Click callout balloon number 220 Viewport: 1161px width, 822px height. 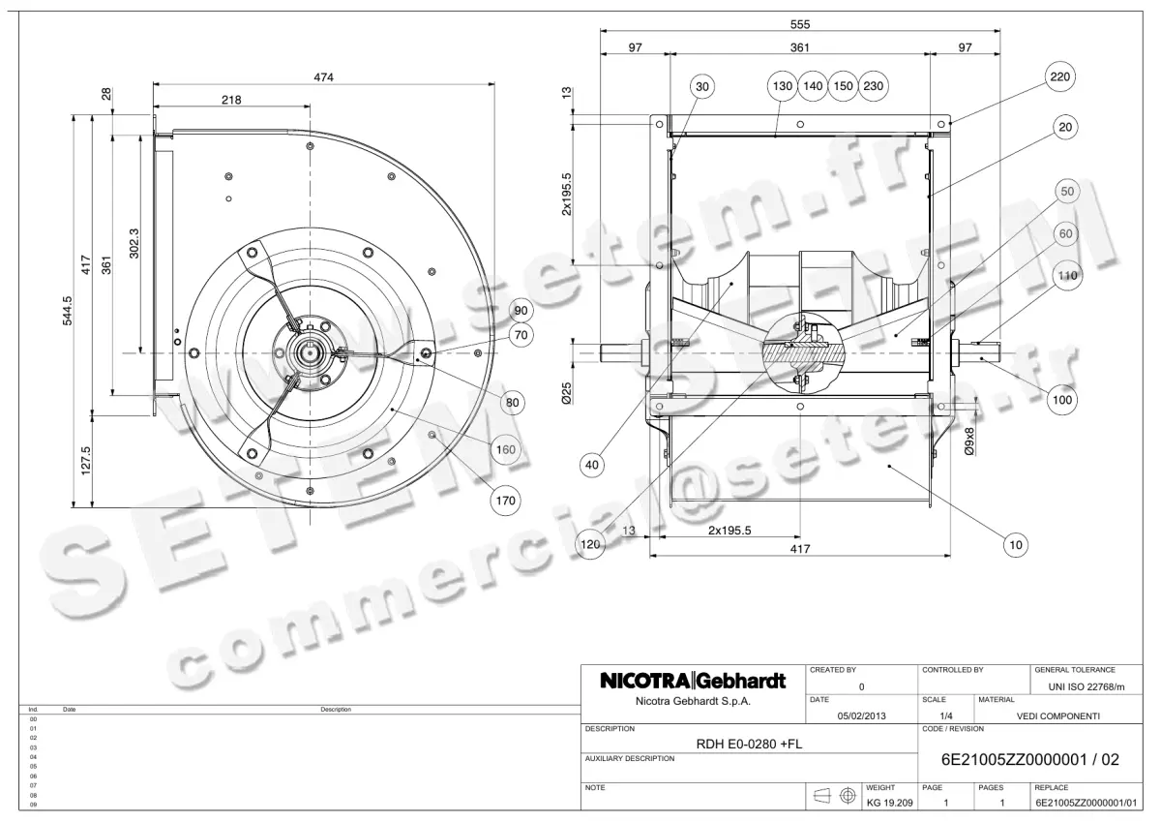[1061, 76]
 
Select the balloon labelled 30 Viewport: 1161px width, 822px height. [703, 86]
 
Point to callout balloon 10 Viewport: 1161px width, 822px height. [1016, 546]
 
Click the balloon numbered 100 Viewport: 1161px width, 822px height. [1062, 397]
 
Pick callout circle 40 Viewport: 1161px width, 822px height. [592, 465]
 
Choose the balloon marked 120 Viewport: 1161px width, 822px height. [591, 545]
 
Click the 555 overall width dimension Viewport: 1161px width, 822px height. [799, 24]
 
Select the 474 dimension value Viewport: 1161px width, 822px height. [323, 78]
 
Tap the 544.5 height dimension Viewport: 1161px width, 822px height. [66, 311]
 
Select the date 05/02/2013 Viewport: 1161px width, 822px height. [860, 716]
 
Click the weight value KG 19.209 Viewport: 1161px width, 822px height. [888, 804]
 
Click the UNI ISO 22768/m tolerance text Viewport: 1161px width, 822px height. [1087, 686]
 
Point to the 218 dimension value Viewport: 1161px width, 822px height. [231, 100]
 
